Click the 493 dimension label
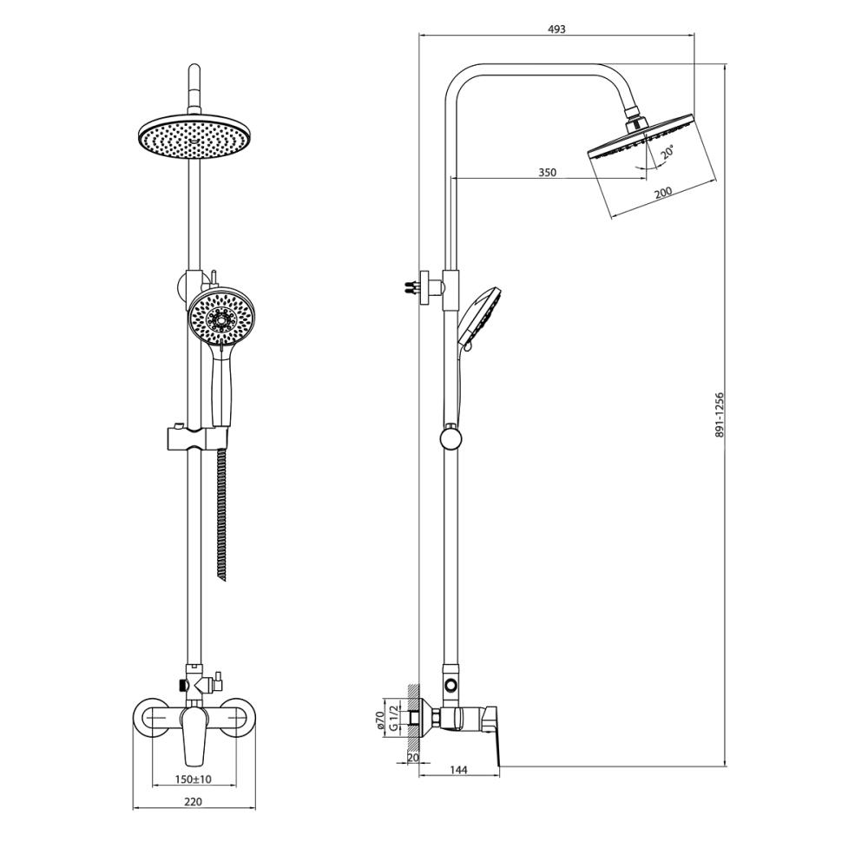coord(556,30)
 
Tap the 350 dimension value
coord(547,173)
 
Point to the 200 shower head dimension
coord(662,192)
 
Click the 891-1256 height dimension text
coord(719,415)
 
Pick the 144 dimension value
coord(459,770)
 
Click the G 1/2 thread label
coord(393,718)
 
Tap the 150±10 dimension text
coord(194,779)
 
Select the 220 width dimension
coord(194,801)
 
